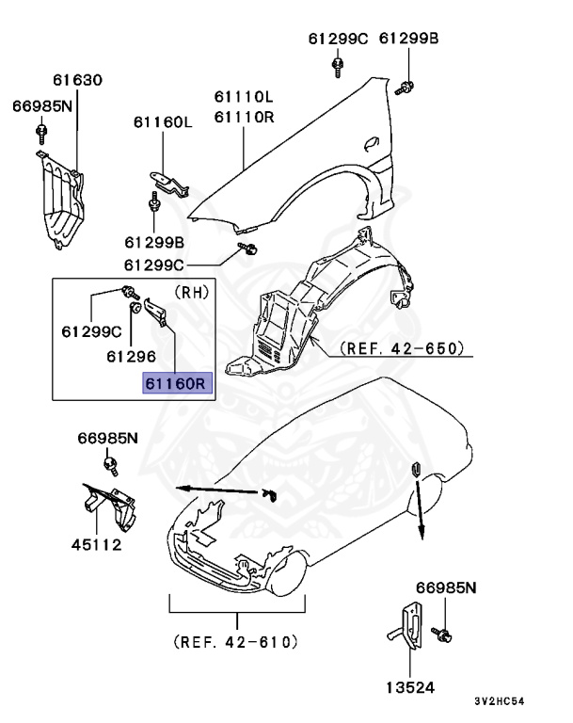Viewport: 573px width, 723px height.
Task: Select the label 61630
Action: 78,82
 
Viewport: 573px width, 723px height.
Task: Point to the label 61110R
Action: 243,117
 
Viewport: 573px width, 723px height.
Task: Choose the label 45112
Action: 96,544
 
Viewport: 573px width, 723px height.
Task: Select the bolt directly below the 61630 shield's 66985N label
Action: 40,129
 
